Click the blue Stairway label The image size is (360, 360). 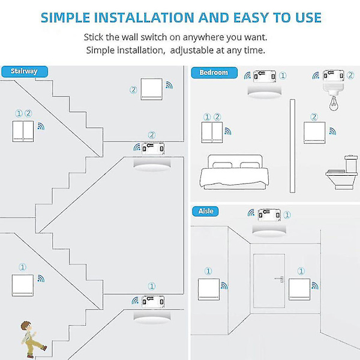pos(24,71)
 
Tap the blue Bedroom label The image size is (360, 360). pos(214,73)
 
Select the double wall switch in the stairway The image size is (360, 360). pos(23,131)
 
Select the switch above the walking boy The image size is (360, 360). pos(23,285)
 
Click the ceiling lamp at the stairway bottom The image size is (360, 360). pos(150,313)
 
